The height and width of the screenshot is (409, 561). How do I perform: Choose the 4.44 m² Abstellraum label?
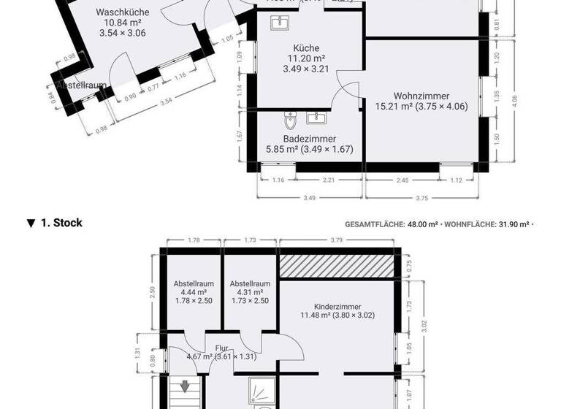coord(194,283)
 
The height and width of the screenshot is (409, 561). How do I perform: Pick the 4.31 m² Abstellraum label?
coord(250,283)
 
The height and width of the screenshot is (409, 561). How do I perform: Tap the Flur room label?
coord(222,348)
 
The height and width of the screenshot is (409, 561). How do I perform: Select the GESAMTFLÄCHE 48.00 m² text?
coord(391,224)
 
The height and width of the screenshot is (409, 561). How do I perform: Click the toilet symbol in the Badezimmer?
coord(290,118)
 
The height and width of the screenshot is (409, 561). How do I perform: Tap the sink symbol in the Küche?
coord(279,25)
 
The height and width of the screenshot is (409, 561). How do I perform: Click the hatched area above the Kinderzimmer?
coord(337,266)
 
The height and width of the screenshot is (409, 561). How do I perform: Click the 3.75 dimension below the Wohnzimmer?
coord(421,197)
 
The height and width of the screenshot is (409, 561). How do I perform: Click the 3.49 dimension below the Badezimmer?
coord(310,197)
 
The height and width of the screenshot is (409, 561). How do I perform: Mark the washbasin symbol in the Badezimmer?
coord(316,118)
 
